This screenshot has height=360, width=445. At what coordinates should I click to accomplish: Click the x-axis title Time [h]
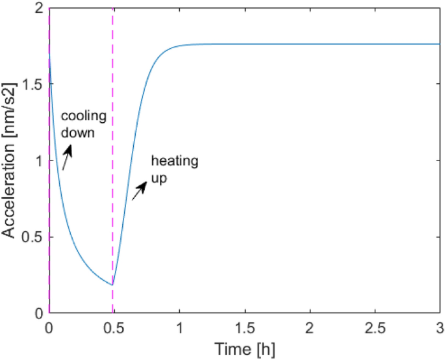244,350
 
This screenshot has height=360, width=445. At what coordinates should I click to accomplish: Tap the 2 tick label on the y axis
37,8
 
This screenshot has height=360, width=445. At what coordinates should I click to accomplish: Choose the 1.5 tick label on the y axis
32,84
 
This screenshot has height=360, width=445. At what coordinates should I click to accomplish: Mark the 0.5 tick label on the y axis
32,237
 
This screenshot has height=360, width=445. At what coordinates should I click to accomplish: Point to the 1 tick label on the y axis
37,161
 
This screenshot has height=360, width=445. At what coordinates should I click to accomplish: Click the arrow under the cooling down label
67,157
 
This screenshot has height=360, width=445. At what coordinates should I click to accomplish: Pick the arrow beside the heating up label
138,191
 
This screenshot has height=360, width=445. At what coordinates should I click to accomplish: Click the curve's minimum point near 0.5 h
112,285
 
